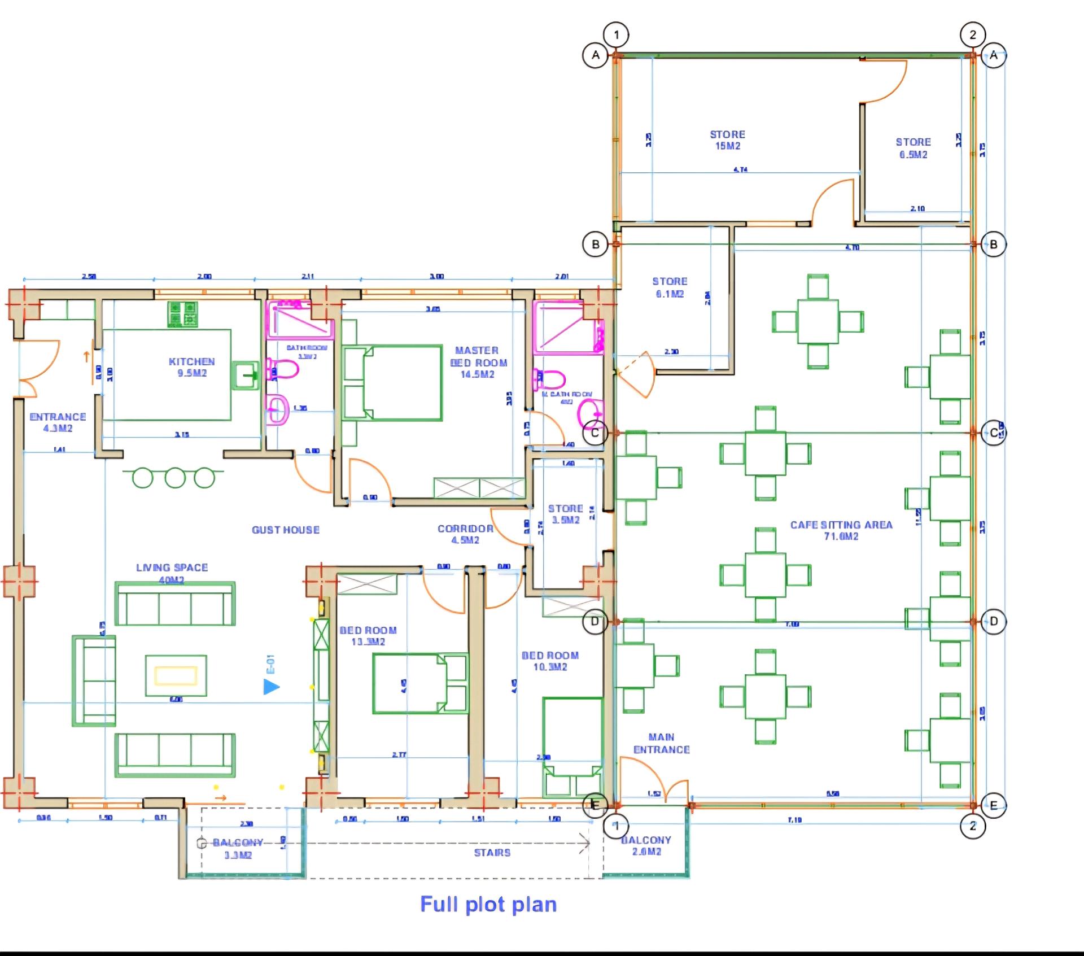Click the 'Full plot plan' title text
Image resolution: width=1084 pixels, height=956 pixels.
click(488, 904)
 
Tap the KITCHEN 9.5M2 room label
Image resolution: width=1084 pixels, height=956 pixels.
click(192, 367)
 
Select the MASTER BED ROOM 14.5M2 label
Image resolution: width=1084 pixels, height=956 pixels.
click(478, 362)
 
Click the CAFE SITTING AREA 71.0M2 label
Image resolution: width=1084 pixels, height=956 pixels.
click(841, 530)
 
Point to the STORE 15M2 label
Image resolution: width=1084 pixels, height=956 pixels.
click(727, 139)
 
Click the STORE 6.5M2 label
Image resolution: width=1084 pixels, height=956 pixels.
click(913, 148)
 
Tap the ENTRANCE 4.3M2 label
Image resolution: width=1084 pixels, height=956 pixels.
click(58, 422)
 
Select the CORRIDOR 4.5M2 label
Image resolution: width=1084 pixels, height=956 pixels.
click(465, 534)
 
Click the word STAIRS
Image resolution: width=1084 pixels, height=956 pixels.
click(492, 853)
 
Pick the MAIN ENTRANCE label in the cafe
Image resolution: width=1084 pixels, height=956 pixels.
click(661, 743)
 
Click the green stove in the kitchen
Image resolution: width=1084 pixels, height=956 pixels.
click(182, 314)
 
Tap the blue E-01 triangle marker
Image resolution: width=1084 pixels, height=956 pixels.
click(272, 687)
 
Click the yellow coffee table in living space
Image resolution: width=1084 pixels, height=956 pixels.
click(176, 675)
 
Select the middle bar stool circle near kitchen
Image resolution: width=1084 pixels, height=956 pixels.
click(175, 478)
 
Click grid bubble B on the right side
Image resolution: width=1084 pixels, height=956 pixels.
click(994, 245)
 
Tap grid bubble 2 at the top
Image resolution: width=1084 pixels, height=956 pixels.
click(972, 34)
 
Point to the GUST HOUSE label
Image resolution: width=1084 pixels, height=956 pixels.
click(285, 530)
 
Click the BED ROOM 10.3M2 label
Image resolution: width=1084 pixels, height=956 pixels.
click(550, 661)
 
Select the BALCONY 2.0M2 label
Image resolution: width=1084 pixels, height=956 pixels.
click(646, 845)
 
